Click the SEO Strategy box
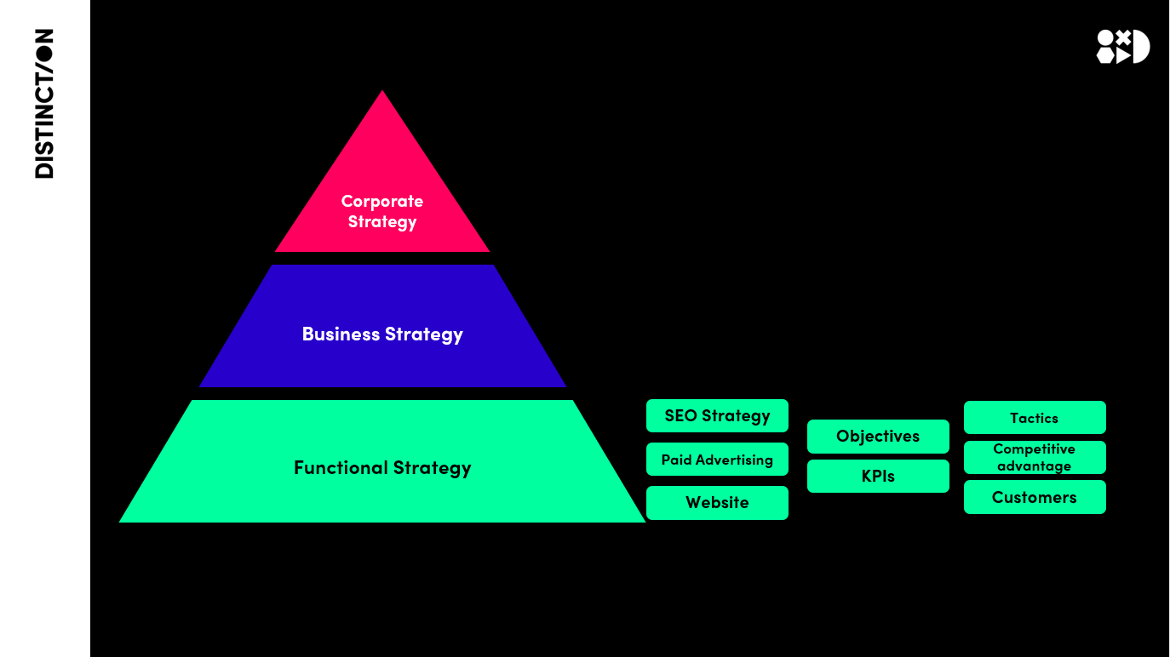pyautogui.click(x=717, y=416)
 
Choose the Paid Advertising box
pyautogui.click(x=717, y=460)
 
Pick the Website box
pyautogui.click(x=717, y=503)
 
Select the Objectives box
pyautogui.click(x=878, y=437)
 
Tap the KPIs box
pyautogui.click(x=878, y=477)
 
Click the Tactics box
pyautogui.click(x=1035, y=418)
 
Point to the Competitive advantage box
pyautogui.click(x=1035, y=458)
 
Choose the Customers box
pyautogui.click(x=1035, y=498)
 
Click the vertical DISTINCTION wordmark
pyautogui.click(x=44, y=103)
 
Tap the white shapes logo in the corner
pyautogui.click(x=1122, y=47)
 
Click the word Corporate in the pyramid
pyautogui.click(x=382, y=202)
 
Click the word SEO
pyautogui.click(x=680, y=416)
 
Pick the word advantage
pyautogui.click(x=1035, y=466)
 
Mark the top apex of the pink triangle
pyautogui.click(x=382, y=92)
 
